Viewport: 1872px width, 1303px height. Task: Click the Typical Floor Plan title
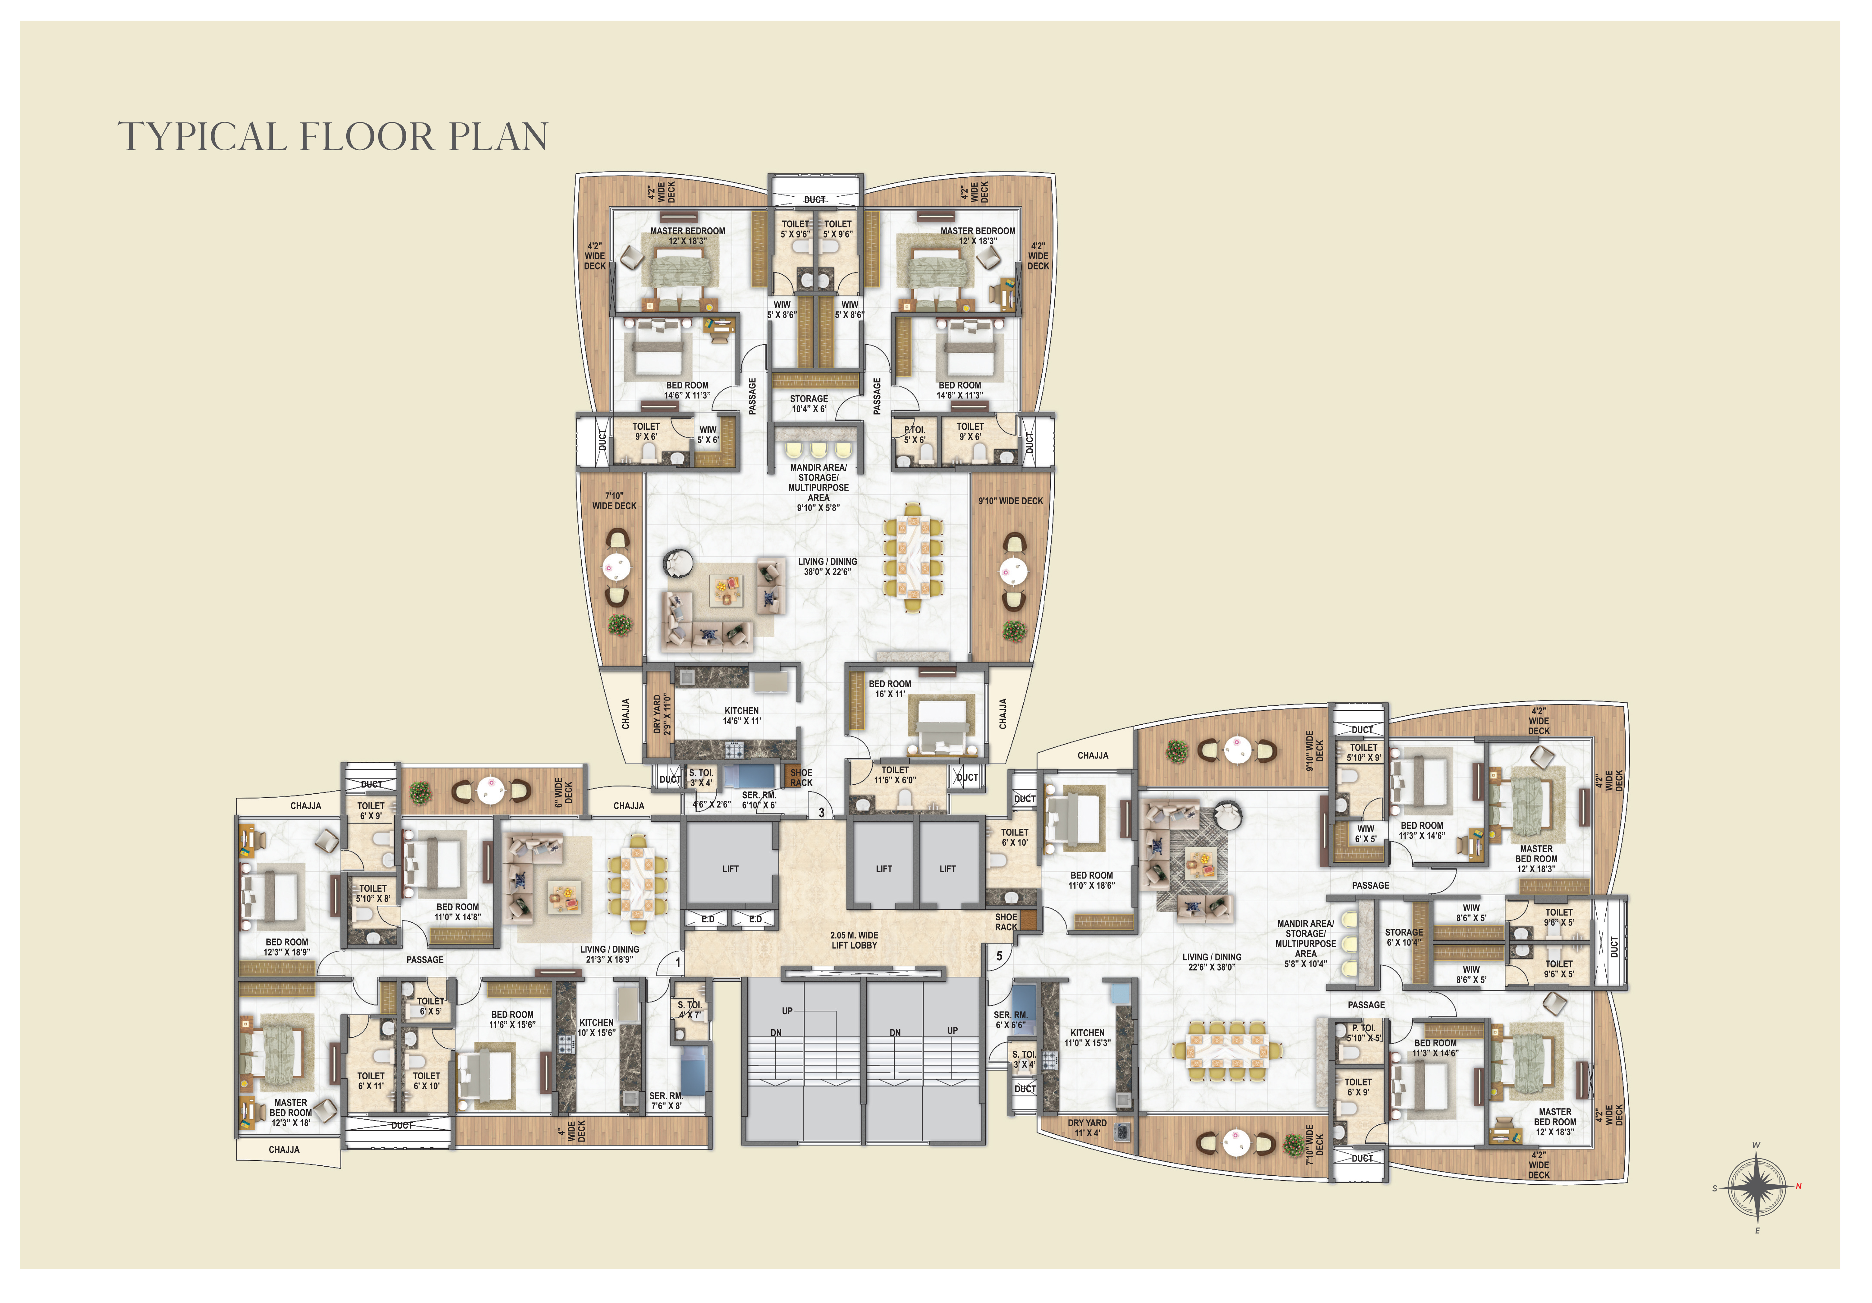tap(333, 136)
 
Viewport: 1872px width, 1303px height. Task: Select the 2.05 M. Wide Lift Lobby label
tap(854, 940)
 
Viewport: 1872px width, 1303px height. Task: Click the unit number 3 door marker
tap(821, 812)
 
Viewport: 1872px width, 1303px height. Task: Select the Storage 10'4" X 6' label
tap(809, 404)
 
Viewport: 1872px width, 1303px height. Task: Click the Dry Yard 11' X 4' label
tap(1087, 1128)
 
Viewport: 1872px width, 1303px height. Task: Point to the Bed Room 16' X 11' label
tap(890, 689)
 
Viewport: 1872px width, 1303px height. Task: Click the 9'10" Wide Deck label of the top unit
tap(1010, 501)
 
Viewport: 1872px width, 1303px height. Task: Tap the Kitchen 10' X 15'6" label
tap(596, 1027)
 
